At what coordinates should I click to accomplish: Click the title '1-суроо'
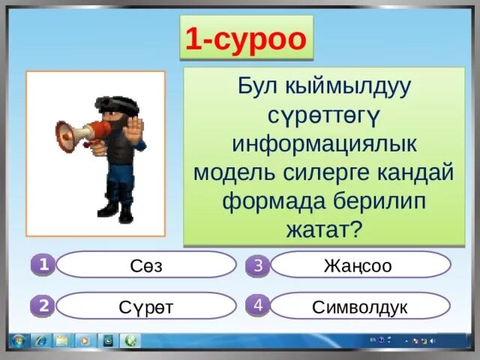[x=245, y=40]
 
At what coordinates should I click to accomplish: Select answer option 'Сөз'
[x=146, y=265]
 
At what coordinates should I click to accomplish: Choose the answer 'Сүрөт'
[x=146, y=306]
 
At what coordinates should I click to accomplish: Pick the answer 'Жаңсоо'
[x=358, y=265]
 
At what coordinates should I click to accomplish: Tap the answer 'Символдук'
[x=359, y=306]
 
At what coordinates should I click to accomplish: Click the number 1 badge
[x=43, y=265]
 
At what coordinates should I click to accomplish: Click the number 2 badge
[x=43, y=305]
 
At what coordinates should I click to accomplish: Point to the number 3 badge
[x=257, y=265]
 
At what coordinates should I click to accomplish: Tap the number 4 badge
[x=257, y=305]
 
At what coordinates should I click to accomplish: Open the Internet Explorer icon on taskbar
[x=40, y=341]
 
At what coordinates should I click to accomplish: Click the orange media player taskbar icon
[x=85, y=341]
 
